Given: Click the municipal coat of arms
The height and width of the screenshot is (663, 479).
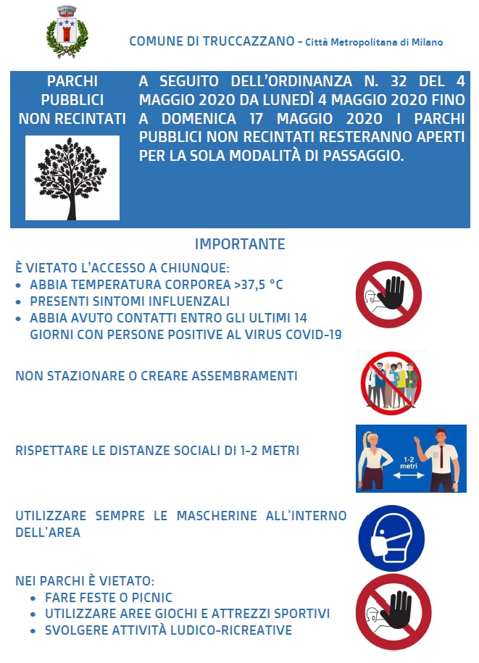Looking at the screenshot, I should [x=66, y=33].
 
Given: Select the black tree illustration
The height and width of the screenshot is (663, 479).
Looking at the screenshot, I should [x=72, y=178].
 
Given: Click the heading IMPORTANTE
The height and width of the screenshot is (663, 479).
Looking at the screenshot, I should [x=240, y=244].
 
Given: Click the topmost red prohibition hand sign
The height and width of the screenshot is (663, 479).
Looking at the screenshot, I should [x=388, y=295].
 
